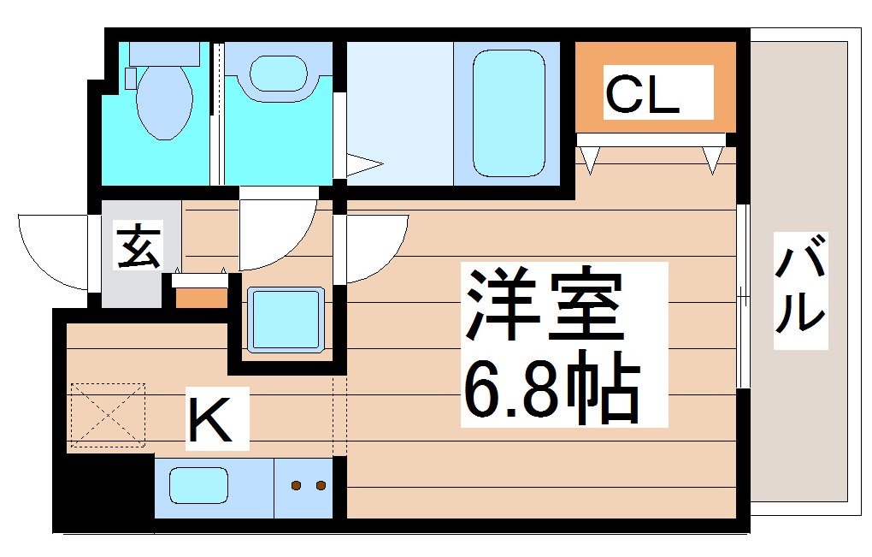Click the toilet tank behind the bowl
pyautogui.click(x=163, y=53)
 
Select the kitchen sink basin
pyautogui.click(x=198, y=487)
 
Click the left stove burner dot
pyautogui.click(x=296, y=486)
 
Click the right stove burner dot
pyautogui.click(x=321, y=486)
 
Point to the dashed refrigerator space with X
pyautogui.click(x=108, y=415)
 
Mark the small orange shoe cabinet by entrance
pyautogui.click(x=202, y=297)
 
